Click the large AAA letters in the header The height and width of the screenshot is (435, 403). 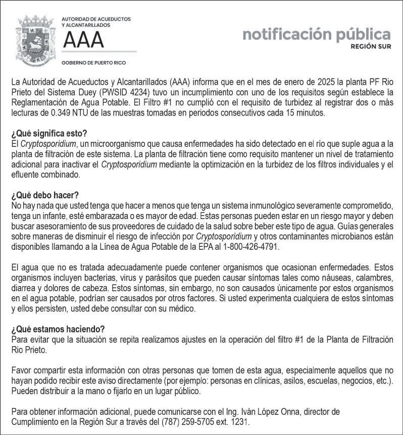pos(83,39)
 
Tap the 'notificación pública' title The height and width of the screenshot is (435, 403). pos(316,34)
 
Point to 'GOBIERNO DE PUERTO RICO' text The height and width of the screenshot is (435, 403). pos(93,63)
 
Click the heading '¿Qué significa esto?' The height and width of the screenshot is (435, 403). pos(49,134)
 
